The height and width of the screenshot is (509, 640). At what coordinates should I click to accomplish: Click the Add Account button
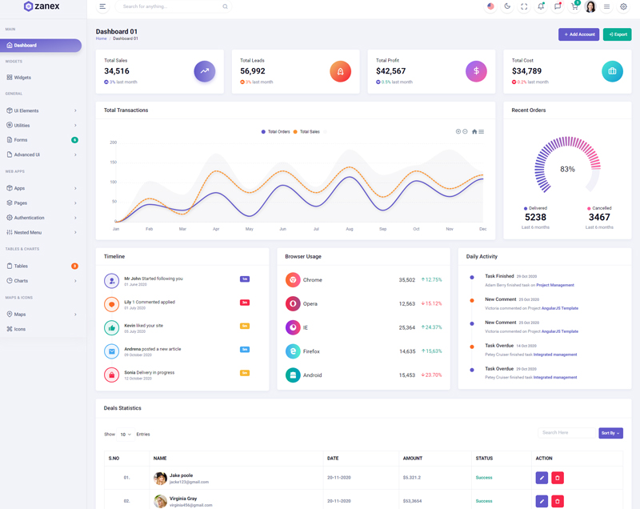pyautogui.click(x=578, y=34)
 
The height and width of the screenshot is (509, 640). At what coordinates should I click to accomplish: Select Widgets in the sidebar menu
pyautogui.click(x=22, y=78)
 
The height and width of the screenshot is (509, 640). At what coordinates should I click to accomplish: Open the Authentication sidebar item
pyautogui.click(x=30, y=218)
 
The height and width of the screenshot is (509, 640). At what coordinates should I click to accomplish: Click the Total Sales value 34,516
pyautogui.click(x=117, y=71)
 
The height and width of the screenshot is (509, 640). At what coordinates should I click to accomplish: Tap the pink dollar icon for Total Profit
pyautogui.click(x=476, y=71)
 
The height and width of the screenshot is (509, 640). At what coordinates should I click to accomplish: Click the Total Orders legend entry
pyautogui.click(x=276, y=132)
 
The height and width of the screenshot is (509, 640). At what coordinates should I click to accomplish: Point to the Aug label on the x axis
pyautogui.click(x=349, y=229)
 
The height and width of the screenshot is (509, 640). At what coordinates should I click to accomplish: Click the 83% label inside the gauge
pyautogui.click(x=567, y=169)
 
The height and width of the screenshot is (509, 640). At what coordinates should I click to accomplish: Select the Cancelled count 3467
pyautogui.click(x=599, y=217)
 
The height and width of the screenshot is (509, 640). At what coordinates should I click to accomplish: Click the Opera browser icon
pyautogui.click(x=293, y=303)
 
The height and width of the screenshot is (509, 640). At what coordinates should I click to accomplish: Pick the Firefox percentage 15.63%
pyautogui.click(x=432, y=351)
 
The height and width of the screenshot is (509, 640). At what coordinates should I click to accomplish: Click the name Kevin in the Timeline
pyautogui.click(x=130, y=325)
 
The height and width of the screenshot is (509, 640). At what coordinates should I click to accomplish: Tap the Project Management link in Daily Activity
pyautogui.click(x=555, y=285)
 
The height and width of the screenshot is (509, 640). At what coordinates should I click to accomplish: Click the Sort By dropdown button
pyautogui.click(x=610, y=433)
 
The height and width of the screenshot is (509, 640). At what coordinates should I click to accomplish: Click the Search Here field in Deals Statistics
pyautogui.click(x=566, y=433)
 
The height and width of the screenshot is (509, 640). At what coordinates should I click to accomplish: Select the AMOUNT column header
pyautogui.click(x=413, y=459)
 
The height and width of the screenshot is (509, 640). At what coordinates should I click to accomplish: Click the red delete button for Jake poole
pyautogui.click(x=558, y=478)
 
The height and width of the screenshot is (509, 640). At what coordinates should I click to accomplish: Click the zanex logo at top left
pyautogui.click(x=42, y=6)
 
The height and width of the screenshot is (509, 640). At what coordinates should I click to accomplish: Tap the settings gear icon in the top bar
pyautogui.click(x=623, y=6)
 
